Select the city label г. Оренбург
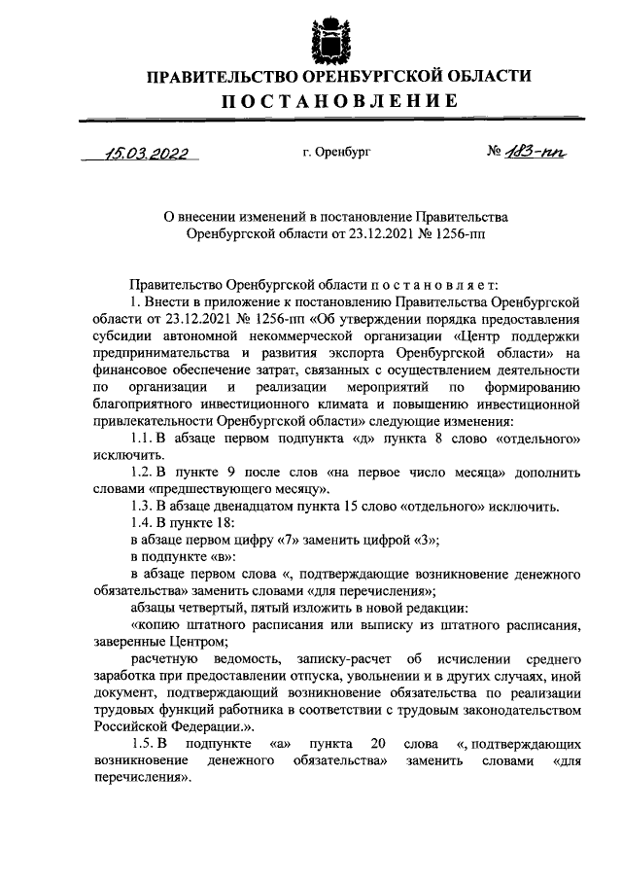pyautogui.click(x=336, y=152)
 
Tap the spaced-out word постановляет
pyautogui.click(x=430, y=285)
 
